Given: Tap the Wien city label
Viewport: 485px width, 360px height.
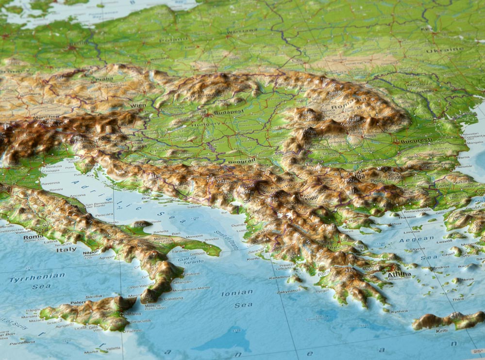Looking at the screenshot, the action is click(138, 105).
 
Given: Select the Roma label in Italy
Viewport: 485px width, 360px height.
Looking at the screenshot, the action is click(33, 237).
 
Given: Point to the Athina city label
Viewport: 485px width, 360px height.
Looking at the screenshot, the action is click(399, 275).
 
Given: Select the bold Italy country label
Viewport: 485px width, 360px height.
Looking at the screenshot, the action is click(67, 250).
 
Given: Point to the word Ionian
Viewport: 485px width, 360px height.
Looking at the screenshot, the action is click(237, 293).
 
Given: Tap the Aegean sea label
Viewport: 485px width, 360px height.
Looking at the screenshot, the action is click(417, 239).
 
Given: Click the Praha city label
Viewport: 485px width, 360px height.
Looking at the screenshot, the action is click(104, 79).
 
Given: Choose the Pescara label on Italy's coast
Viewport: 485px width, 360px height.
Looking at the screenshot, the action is click(103, 214).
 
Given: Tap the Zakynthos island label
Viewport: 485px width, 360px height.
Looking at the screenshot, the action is click(289, 291).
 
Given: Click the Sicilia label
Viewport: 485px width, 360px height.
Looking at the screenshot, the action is click(94, 296).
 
